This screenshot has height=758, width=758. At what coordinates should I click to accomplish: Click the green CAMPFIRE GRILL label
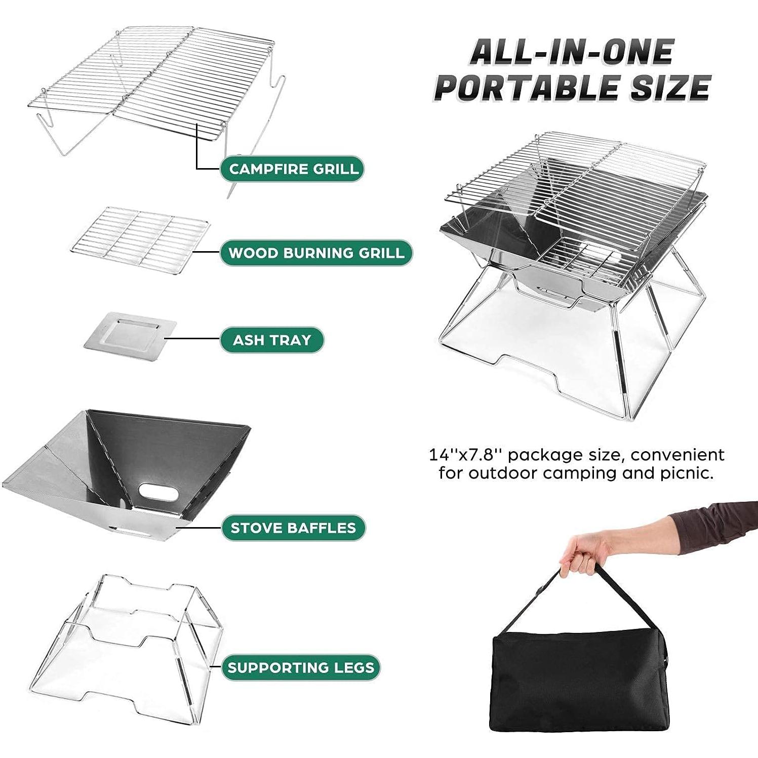(x=293, y=169)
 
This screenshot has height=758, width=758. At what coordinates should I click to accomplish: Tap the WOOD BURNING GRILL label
(x=316, y=253)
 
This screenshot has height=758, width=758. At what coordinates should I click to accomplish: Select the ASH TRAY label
(x=271, y=340)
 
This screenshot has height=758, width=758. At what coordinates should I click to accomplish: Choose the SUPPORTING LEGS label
(x=301, y=667)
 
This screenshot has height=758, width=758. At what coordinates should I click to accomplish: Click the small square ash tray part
(x=130, y=334)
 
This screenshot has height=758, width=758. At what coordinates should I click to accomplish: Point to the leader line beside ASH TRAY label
(x=197, y=339)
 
